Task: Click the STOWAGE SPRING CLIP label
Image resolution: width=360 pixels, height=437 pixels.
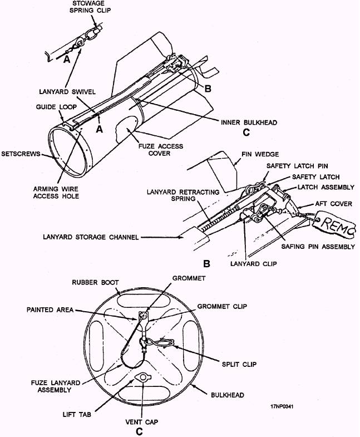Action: click(x=90, y=7)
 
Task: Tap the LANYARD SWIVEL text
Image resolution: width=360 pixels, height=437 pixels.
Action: click(x=67, y=92)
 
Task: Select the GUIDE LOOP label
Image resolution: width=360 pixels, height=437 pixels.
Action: click(x=56, y=107)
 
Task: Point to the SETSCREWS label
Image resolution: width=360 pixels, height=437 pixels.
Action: click(x=21, y=154)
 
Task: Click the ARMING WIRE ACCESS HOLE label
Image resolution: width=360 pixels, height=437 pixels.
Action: click(x=56, y=193)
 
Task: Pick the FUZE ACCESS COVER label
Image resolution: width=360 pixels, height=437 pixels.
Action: click(x=161, y=150)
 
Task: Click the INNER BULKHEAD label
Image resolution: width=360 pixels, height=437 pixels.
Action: click(x=249, y=122)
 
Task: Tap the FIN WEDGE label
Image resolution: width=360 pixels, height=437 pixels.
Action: click(x=260, y=154)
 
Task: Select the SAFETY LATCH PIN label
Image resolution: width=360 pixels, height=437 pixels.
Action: click(x=297, y=166)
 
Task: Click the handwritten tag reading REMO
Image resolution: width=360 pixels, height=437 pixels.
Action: click(x=334, y=224)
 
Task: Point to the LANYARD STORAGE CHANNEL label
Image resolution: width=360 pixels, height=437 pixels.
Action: click(x=91, y=237)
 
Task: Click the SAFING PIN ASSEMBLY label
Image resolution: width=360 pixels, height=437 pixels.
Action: click(x=318, y=247)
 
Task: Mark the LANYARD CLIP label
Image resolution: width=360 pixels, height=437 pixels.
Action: click(x=254, y=264)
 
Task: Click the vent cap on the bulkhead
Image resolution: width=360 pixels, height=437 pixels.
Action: click(x=142, y=377)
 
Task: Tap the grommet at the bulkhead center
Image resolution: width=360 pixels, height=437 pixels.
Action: click(x=143, y=316)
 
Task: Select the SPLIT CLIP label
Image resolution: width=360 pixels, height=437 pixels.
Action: click(x=239, y=364)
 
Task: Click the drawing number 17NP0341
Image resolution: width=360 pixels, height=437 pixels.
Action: click(x=282, y=406)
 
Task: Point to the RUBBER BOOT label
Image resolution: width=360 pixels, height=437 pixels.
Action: click(x=95, y=282)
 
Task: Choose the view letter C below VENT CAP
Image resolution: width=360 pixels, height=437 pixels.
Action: click(x=139, y=431)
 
